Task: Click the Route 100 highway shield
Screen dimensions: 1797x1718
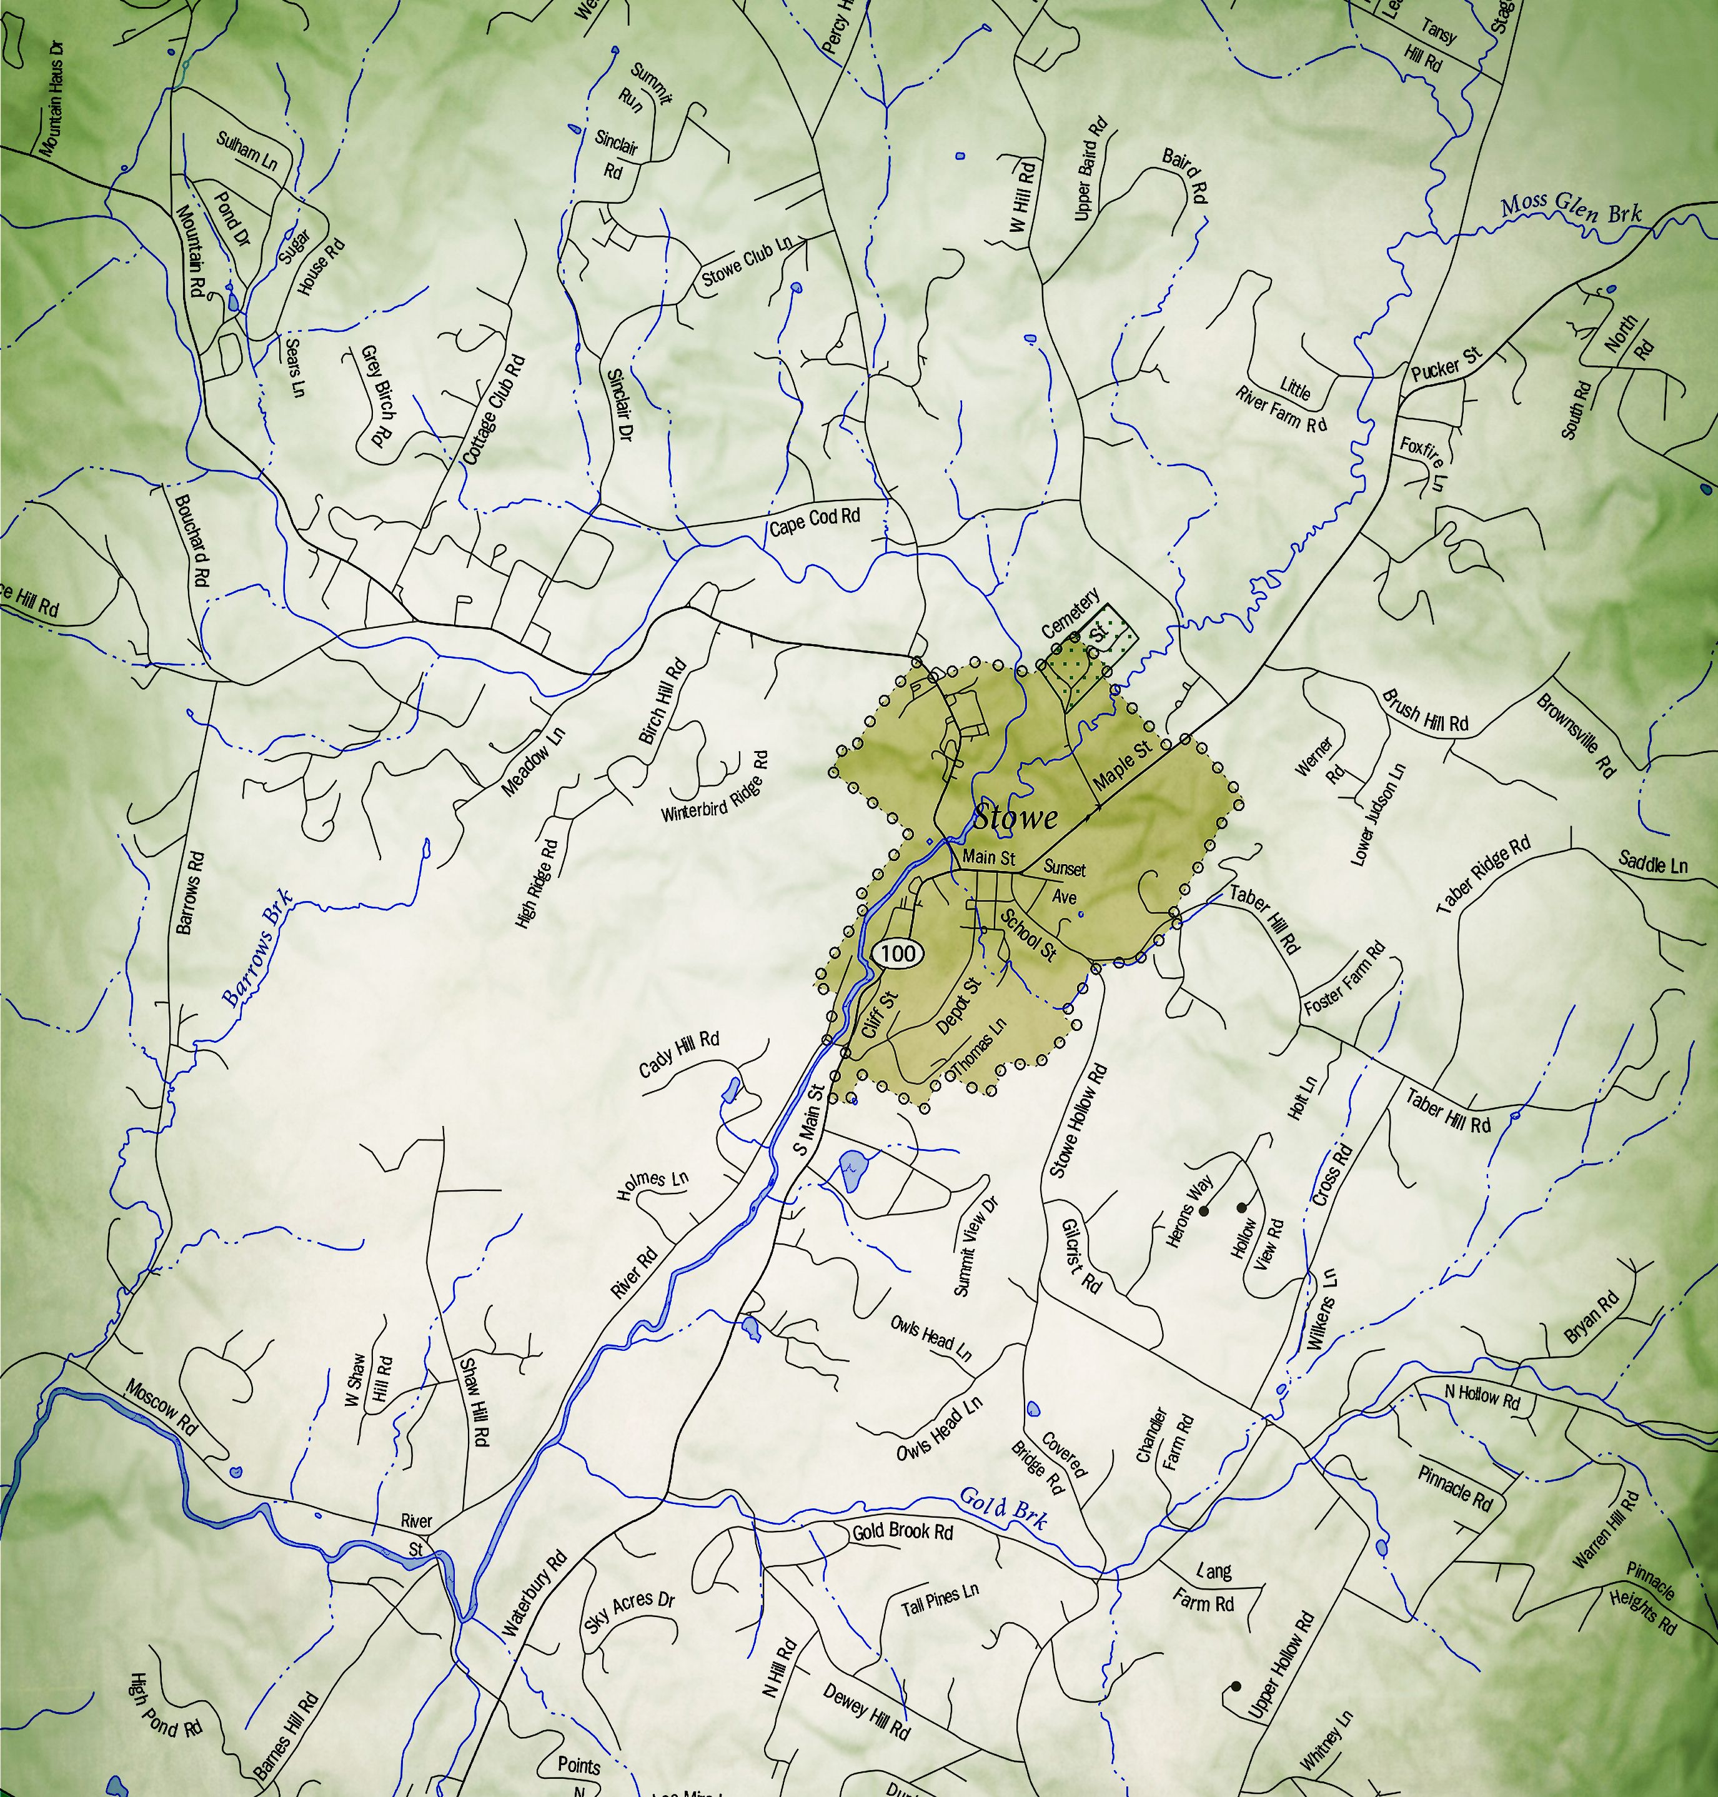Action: [x=898, y=953]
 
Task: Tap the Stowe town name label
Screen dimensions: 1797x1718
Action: [x=1015, y=817]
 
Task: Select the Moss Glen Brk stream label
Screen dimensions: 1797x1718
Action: [x=1571, y=210]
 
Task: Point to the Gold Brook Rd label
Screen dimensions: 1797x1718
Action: [x=902, y=1531]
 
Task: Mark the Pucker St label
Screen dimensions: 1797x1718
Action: [x=1445, y=362]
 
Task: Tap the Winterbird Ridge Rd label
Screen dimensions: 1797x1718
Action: [x=716, y=787]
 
